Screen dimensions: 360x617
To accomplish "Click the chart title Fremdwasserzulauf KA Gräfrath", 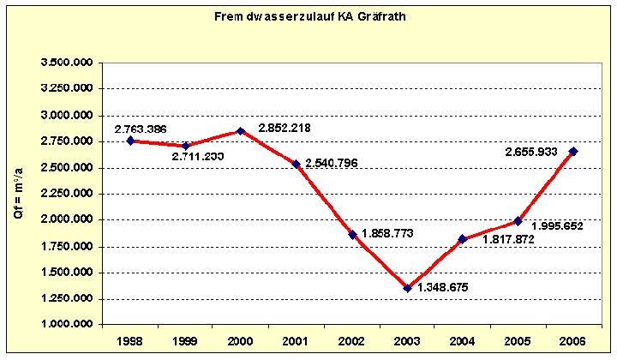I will point(309,16).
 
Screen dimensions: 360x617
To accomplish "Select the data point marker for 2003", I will point(408,288).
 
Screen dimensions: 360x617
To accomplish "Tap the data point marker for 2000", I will point(241,131).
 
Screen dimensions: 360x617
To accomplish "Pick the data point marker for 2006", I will point(573,152).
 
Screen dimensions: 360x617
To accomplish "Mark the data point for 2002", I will point(352,234).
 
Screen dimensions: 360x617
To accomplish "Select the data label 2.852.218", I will point(285,129).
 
